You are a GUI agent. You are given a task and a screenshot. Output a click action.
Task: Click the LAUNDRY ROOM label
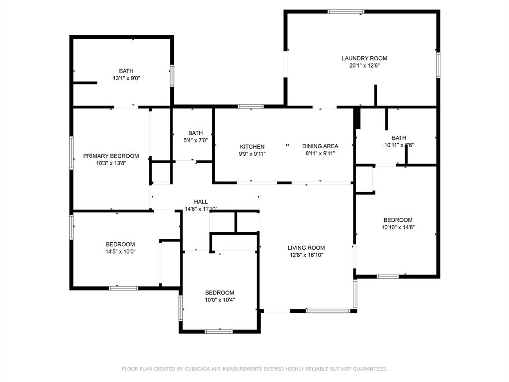click(x=364, y=58)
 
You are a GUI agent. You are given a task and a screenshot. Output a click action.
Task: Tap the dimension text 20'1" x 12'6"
click(x=364, y=66)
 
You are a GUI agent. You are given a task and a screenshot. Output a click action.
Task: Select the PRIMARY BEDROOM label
click(x=111, y=156)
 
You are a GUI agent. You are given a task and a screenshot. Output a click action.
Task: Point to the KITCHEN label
click(x=252, y=146)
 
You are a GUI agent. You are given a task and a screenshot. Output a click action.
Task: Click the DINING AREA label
click(x=320, y=146)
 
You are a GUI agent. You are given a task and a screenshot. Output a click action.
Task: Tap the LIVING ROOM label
click(x=306, y=248)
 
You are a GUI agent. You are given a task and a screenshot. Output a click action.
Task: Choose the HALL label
click(x=201, y=201)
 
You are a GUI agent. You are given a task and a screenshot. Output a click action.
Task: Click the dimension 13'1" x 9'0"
click(x=126, y=79)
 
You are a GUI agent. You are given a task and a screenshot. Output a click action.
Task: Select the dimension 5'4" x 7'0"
click(x=195, y=140)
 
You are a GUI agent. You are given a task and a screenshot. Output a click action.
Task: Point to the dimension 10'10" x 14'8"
click(x=398, y=227)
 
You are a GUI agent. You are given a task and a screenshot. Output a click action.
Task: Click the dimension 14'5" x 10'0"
click(x=120, y=252)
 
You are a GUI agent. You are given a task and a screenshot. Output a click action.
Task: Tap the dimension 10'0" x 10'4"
click(x=219, y=300)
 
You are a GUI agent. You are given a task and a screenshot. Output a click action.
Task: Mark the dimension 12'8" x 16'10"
click(x=306, y=255)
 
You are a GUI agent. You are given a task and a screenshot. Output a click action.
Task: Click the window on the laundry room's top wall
click(x=345, y=11)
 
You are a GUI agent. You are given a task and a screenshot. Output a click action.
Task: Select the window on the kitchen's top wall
click(x=250, y=106)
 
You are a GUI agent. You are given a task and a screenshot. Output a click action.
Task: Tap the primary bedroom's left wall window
click(x=72, y=153)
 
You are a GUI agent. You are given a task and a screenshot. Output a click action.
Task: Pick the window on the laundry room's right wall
click(x=438, y=65)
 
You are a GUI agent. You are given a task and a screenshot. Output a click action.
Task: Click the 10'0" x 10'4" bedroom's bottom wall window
click(x=219, y=331)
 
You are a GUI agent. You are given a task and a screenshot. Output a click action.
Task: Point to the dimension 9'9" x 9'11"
click(x=252, y=154)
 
